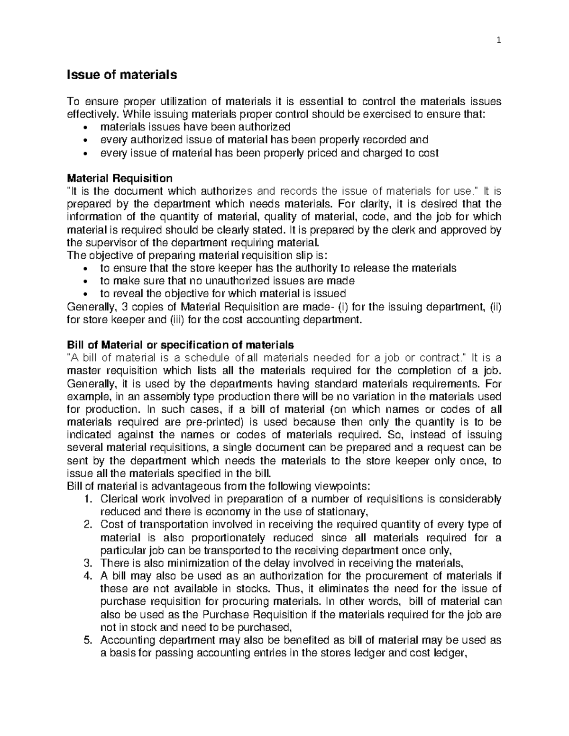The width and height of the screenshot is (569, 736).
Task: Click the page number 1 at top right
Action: [x=498, y=41]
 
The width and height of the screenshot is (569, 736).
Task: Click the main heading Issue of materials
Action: [x=122, y=75]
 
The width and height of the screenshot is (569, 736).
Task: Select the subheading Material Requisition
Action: [x=119, y=179]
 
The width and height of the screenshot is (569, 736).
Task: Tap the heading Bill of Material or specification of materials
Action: [x=180, y=344]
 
